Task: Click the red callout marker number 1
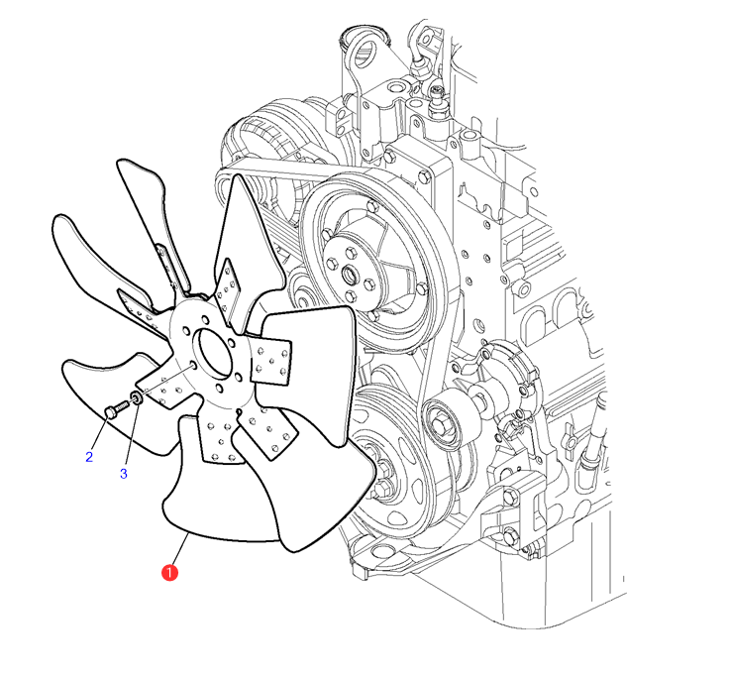tap(169, 572)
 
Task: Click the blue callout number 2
tap(89, 457)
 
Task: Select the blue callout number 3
tap(124, 474)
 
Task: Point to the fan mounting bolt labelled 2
tap(117, 409)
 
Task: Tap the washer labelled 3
tap(137, 397)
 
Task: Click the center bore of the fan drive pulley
tap(350, 275)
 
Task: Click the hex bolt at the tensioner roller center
tap(439, 425)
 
